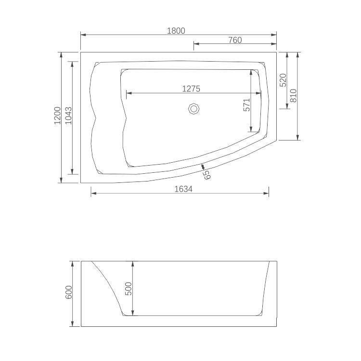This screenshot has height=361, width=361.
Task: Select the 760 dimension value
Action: pyautogui.click(x=234, y=40)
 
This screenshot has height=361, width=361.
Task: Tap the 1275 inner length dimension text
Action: pyautogui.click(x=191, y=89)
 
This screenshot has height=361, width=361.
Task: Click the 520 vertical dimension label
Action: pyautogui.click(x=283, y=79)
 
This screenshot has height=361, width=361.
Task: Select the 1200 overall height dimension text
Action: pyautogui.click(x=57, y=116)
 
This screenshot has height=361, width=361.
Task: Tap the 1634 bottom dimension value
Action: pyautogui.click(x=183, y=189)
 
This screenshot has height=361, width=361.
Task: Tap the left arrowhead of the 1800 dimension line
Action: pyautogui.click(x=82, y=35)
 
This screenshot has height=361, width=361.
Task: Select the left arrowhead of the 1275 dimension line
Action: pyautogui.click(x=128, y=93)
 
